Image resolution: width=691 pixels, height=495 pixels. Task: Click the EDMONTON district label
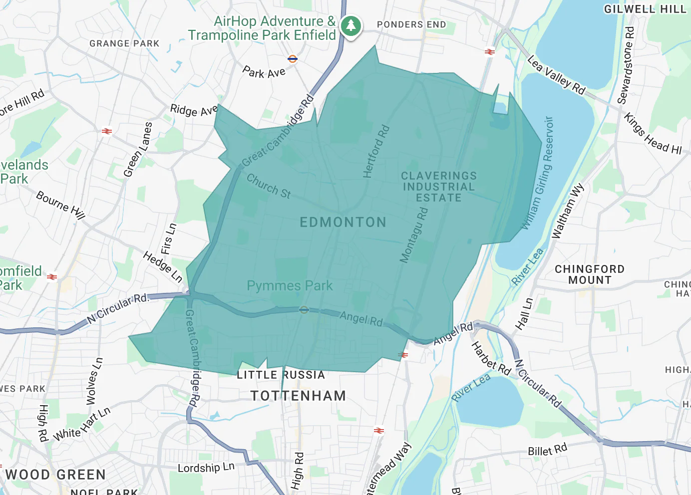(343, 223)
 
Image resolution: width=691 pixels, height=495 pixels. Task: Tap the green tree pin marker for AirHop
(351, 25)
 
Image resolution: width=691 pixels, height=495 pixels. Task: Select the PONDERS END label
(411, 24)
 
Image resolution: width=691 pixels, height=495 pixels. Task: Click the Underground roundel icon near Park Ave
(293, 58)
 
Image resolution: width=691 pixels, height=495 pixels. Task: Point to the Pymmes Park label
(290, 286)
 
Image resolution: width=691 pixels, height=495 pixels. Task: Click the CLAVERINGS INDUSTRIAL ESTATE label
(438, 187)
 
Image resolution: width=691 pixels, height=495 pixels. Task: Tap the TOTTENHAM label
(298, 396)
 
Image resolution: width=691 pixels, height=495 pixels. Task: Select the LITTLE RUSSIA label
(281, 375)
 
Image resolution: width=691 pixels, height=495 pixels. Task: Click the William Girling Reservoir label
(539, 173)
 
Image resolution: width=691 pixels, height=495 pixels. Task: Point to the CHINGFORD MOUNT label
(590, 275)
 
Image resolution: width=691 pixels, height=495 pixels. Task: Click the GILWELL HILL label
(645, 9)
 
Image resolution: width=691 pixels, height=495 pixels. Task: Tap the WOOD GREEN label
(55, 475)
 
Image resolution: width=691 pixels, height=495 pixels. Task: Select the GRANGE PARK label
(124, 44)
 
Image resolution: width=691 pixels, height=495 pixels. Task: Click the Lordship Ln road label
(206, 468)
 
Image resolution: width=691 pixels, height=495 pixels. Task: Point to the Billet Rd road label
(548, 450)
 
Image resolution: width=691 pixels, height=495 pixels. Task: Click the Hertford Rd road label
(376, 152)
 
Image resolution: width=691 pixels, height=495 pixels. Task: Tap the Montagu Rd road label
(414, 235)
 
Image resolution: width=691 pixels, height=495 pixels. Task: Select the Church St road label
(269, 187)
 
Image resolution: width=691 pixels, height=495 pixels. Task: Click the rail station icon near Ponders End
(490, 52)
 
